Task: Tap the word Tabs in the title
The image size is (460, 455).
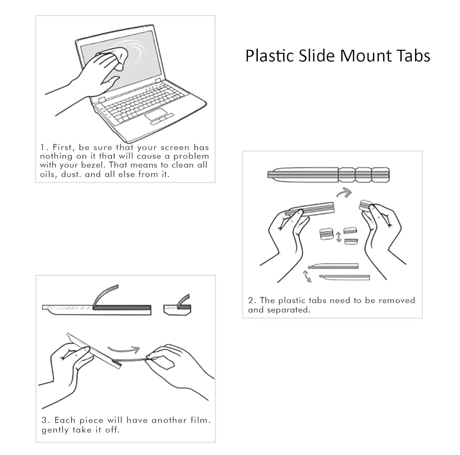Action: (x=413, y=56)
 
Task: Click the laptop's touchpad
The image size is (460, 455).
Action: (x=156, y=114)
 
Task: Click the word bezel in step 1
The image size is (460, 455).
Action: (x=93, y=165)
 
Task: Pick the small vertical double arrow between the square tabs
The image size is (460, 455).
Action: (x=339, y=237)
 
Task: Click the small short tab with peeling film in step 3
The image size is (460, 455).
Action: (x=177, y=309)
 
